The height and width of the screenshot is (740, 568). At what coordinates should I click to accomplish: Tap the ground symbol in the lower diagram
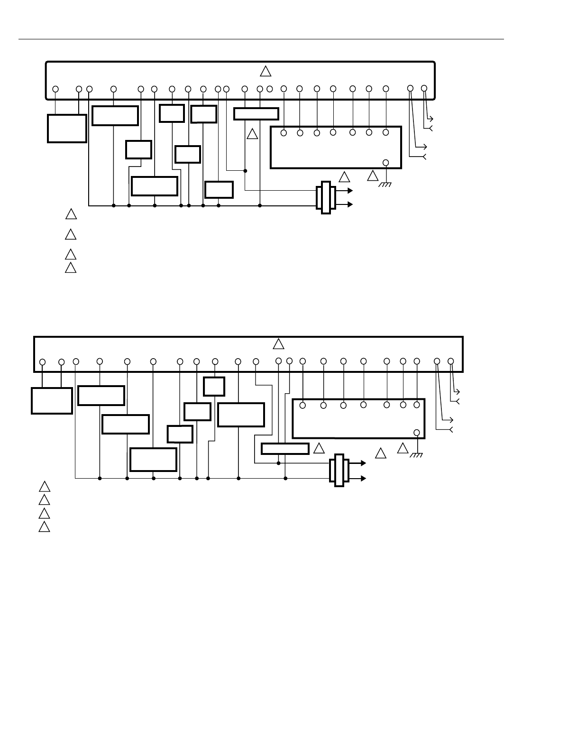(x=417, y=455)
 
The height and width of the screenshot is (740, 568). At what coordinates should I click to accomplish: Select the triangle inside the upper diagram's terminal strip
(x=266, y=72)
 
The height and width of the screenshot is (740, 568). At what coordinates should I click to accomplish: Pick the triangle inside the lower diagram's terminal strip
(x=279, y=343)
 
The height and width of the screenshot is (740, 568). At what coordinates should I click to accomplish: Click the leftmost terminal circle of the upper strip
(x=55, y=89)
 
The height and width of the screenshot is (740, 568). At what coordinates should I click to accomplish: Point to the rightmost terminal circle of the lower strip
(x=451, y=361)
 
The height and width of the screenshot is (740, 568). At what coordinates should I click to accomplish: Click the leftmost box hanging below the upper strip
(x=67, y=128)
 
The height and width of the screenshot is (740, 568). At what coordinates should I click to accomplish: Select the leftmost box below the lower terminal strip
(x=52, y=401)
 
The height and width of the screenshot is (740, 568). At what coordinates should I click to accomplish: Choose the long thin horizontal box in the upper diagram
(x=256, y=114)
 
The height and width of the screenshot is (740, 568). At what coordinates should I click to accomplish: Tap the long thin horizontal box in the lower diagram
(x=285, y=449)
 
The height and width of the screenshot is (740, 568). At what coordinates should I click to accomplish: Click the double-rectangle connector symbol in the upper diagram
(x=326, y=197)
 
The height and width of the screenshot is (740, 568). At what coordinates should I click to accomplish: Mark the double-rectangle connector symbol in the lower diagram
(x=339, y=470)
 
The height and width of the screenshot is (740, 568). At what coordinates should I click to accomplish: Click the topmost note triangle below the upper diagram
(x=71, y=214)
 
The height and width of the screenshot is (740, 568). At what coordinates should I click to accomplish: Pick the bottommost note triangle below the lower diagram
(x=44, y=527)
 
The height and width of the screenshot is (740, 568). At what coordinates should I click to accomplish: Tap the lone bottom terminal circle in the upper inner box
(x=386, y=163)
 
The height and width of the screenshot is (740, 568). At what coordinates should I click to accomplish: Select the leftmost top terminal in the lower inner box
(x=302, y=406)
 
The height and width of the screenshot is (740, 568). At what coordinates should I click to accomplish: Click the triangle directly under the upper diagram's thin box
(x=252, y=135)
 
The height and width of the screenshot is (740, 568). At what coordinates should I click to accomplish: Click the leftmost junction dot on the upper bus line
(x=113, y=206)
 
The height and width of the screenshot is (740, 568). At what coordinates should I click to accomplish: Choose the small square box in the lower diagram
(x=214, y=386)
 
